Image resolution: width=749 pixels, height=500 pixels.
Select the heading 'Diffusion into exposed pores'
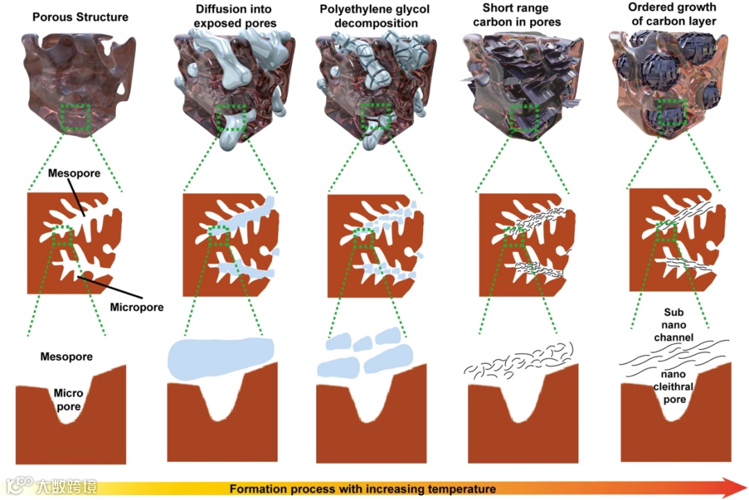coord(225,17)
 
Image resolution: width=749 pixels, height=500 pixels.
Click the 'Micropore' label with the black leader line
coord(137,306)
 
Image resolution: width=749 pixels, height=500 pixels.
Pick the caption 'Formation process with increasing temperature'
coord(363,489)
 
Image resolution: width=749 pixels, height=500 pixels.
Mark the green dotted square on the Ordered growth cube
coord(671,112)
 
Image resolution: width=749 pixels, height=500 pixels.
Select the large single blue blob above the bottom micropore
coord(222,358)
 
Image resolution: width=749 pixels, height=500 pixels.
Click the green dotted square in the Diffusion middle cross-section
coord(218,235)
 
